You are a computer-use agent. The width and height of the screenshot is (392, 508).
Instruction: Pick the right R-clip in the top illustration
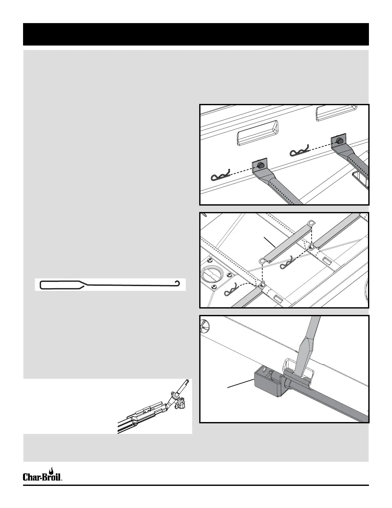coord(299,149)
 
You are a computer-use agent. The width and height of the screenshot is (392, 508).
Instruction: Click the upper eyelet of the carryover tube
coord(310,223)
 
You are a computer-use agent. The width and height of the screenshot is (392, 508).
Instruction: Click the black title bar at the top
coord(196,34)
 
